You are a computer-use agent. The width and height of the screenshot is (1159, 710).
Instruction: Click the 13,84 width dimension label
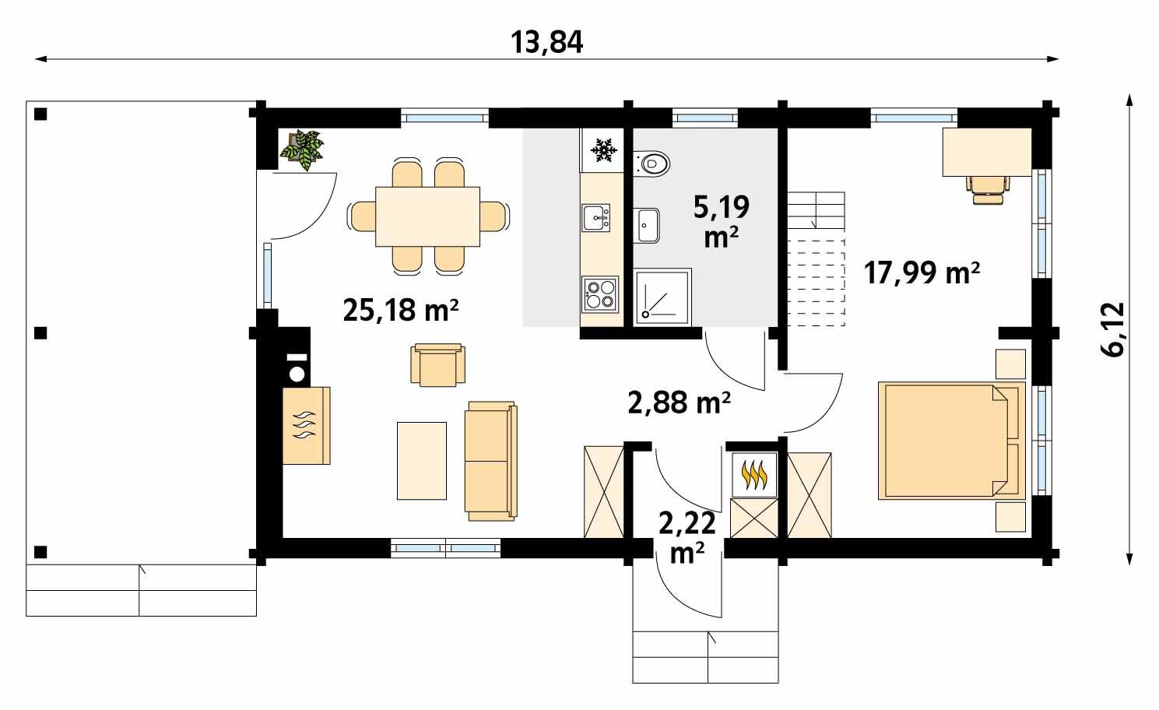click(546, 43)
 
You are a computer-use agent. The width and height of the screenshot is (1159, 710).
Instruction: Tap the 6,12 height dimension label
click(1113, 329)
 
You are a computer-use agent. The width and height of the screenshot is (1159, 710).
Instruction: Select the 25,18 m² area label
click(399, 311)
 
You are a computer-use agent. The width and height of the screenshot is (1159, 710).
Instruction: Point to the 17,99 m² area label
click(921, 273)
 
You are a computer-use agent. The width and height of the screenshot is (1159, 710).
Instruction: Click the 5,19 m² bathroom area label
click(721, 221)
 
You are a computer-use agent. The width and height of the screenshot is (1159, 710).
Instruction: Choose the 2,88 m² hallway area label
click(678, 402)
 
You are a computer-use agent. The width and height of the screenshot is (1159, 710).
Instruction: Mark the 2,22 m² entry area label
click(687, 537)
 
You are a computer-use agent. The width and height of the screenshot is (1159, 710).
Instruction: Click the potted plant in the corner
click(303, 149)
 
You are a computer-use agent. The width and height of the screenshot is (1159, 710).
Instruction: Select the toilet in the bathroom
click(652, 163)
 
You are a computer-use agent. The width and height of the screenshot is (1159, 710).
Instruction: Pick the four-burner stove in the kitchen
click(599, 294)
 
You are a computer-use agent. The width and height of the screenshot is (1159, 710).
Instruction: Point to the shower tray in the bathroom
click(662, 296)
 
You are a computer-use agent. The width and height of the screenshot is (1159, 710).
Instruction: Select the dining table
click(427, 216)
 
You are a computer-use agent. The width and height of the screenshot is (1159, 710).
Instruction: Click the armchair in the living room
click(439, 364)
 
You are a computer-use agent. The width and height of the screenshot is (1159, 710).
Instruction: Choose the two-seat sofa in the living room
click(490, 461)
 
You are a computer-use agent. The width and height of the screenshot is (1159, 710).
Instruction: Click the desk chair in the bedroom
click(988, 188)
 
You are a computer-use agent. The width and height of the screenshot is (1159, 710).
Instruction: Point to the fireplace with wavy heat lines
click(306, 425)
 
